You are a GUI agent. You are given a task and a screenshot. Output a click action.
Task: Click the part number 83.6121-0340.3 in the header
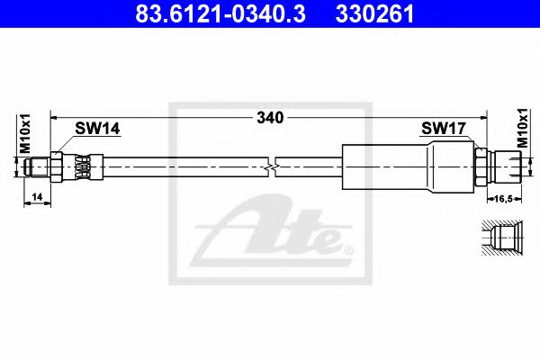pyautogui.click(x=220, y=14)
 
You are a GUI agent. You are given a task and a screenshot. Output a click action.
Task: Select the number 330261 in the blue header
pyautogui.click(x=374, y=14)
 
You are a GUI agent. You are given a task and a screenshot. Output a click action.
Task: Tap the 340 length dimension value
pyautogui.click(x=270, y=118)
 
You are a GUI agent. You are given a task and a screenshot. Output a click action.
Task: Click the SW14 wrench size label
pyautogui.click(x=97, y=129)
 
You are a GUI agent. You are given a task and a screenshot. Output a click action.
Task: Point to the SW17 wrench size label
pyautogui.click(x=444, y=129)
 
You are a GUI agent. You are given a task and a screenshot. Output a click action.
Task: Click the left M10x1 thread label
pyautogui.click(x=25, y=134)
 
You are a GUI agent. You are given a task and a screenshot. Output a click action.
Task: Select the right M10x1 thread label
pyautogui.click(x=523, y=128)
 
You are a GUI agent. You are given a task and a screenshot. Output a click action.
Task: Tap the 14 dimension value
pyautogui.click(x=37, y=197)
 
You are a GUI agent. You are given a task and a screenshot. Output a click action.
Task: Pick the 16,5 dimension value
pyautogui.click(x=504, y=198)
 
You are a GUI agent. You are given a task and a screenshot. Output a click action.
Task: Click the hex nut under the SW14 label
pyautogui.click(x=56, y=166)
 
